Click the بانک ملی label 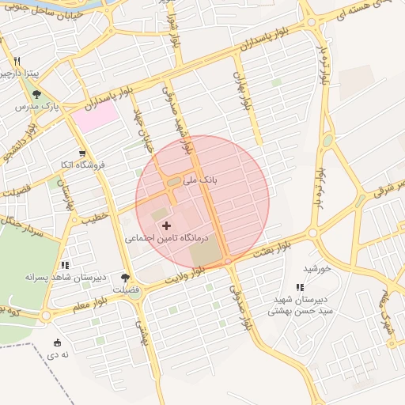pos(199,180)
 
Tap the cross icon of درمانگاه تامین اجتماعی pos(166,226)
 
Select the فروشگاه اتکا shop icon pos(82,153)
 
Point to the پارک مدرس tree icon pos(36,94)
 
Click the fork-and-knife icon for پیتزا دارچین pos(16,61)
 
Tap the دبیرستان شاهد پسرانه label pos(59,277)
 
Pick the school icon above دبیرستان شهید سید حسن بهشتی pos(300,288)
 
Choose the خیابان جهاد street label pos(142,134)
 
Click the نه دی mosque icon pos(57,343)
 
